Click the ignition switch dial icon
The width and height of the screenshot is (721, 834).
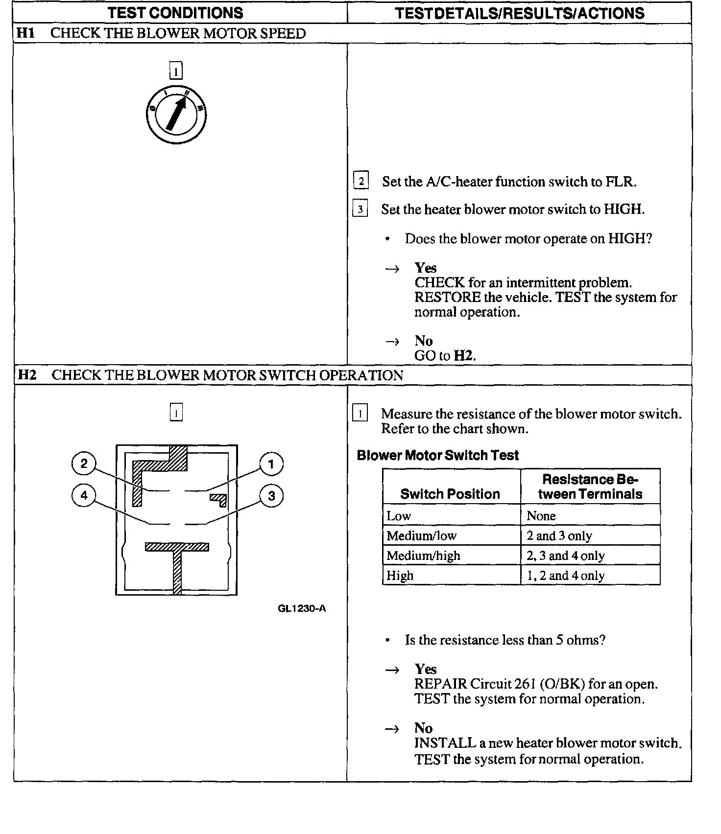point(176,115)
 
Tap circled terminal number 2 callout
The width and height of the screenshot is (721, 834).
point(84,463)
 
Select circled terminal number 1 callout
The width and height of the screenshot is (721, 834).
point(271,464)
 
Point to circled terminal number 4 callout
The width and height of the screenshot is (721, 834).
point(84,495)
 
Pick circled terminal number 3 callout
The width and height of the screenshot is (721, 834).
point(271,496)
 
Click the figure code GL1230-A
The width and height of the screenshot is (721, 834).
point(302,608)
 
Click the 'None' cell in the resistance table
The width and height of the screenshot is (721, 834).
point(541,516)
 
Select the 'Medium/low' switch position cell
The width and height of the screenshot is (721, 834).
point(421,535)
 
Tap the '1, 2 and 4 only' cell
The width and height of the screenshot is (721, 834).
point(566,576)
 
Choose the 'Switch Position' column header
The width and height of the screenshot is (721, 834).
point(450,494)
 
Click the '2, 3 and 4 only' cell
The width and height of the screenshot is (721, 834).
point(566,556)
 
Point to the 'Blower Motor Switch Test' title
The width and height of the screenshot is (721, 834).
point(437,455)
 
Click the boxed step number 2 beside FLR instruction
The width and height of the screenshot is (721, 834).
point(361,181)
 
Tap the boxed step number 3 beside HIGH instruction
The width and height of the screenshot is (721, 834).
point(360,209)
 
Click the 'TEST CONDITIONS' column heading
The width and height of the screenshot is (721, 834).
point(175,13)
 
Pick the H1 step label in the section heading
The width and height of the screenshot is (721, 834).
point(26,33)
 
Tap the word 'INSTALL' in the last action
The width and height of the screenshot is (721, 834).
point(445,743)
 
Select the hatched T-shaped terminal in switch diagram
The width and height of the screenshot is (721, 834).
point(177,563)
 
